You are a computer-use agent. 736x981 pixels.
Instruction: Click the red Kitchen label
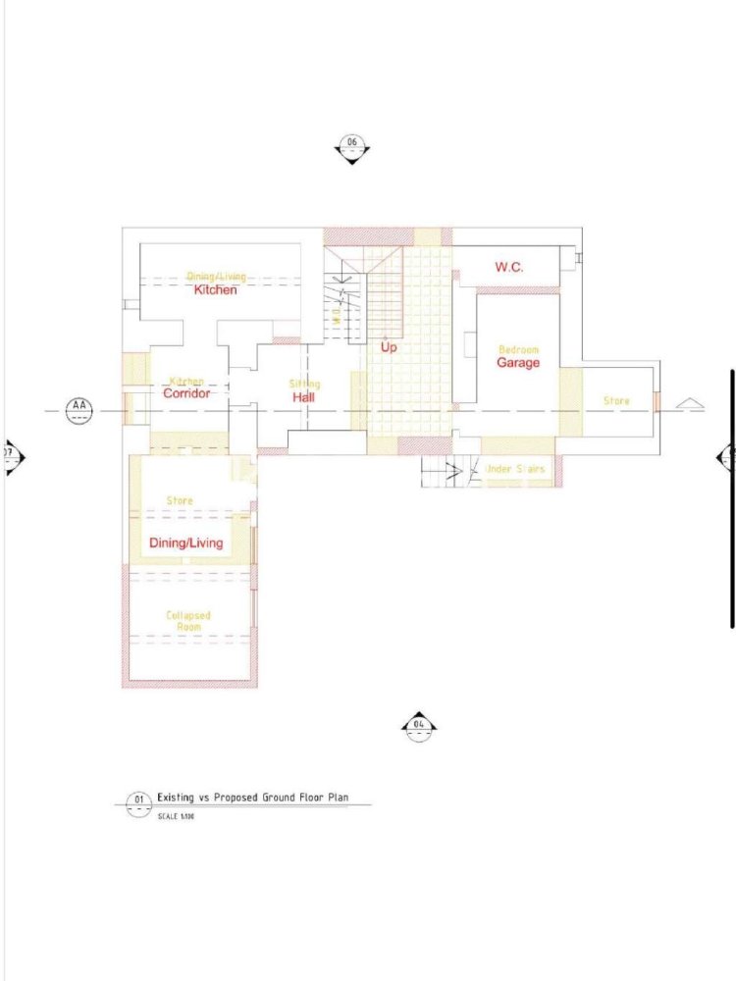[x=215, y=290]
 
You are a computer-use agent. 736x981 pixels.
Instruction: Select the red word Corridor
[x=186, y=393]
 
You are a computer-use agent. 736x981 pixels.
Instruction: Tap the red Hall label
[x=303, y=397]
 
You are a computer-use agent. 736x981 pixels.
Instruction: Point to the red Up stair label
[x=389, y=347]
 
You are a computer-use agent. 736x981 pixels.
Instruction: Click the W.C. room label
[x=508, y=267]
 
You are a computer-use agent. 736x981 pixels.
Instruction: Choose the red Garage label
[x=517, y=363]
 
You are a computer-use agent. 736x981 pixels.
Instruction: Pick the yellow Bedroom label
[x=518, y=349]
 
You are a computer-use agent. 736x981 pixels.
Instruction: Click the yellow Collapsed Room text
[x=187, y=622]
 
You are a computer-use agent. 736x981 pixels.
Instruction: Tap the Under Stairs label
[x=515, y=470]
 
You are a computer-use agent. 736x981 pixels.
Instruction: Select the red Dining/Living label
[x=185, y=543]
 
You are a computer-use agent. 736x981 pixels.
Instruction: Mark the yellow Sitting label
[x=304, y=384]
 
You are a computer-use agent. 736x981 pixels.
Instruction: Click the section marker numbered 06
[x=352, y=144]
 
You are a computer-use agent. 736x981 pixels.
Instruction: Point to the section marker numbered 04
[x=419, y=725]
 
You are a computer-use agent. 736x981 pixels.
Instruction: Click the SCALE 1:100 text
[x=176, y=815]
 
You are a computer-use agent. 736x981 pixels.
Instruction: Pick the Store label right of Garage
[x=616, y=401]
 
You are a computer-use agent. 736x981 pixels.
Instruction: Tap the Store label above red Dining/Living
[x=180, y=500]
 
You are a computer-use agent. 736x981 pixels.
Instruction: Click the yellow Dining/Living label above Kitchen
[x=217, y=278]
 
